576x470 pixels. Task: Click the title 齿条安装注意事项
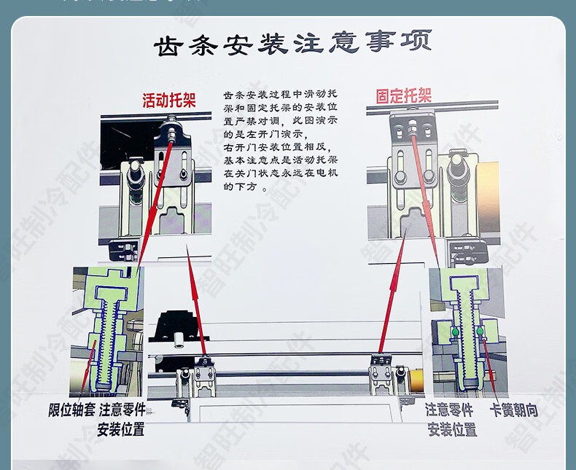[x=292, y=45]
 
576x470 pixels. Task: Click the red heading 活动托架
[x=169, y=100]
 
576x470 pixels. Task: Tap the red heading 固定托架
[x=403, y=95]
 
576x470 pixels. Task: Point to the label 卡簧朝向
[x=515, y=410]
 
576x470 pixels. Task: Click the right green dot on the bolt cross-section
[x=482, y=334]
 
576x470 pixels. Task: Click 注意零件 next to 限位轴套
[x=122, y=410]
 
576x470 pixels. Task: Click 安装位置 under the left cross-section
[x=122, y=428]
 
